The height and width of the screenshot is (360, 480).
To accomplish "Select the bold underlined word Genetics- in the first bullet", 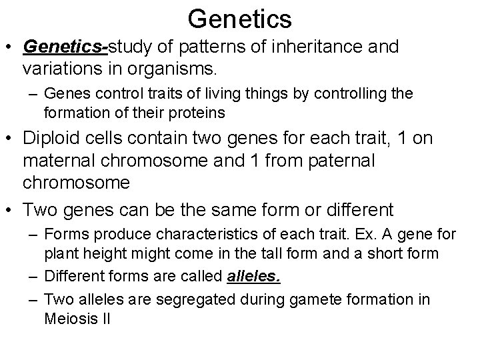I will pyautogui.click(x=65, y=47).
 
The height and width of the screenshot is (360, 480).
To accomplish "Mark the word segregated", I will pyautogui.click(x=185, y=299).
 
